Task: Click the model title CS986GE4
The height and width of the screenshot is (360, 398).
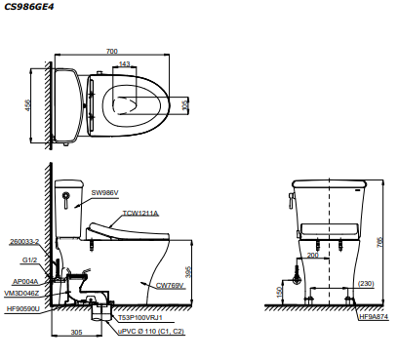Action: click(28, 7)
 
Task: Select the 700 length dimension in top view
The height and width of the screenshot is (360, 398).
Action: click(112, 51)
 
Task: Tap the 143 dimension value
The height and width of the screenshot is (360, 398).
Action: click(125, 63)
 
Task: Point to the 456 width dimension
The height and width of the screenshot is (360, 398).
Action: click(28, 105)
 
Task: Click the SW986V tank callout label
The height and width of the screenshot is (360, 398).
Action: click(104, 193)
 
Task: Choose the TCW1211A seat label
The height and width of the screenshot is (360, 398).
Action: click(140, 214)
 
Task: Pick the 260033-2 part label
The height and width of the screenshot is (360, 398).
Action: click(24, 242)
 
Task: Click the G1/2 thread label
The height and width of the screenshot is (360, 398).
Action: click(29, 260)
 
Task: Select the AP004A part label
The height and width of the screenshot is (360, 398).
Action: click(25, 281)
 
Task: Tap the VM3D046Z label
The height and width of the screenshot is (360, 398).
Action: click(21, 294)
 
